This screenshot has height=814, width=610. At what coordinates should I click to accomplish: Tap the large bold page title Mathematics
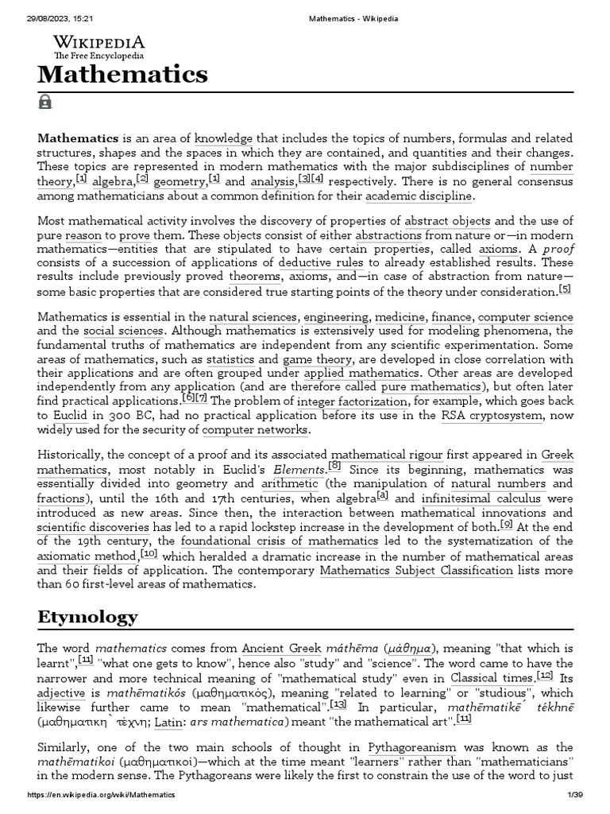tap(122, 75)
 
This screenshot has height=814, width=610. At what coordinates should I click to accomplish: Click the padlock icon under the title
tap(44, 102)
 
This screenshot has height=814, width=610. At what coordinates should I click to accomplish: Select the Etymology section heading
tap(87, 617)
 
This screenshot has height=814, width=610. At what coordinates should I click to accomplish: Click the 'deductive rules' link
tap(321, 262)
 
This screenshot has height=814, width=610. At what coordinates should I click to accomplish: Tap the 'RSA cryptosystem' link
tap(492, 416)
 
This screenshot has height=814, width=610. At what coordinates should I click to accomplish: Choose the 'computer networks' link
tap(255, 430)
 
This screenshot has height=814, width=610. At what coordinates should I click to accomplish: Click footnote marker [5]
tap(565, 289)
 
